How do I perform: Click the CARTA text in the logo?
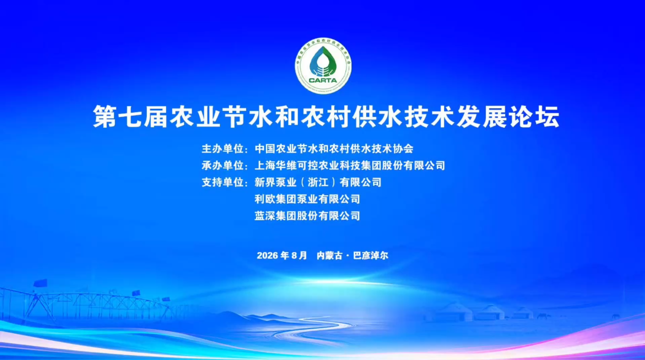(323, 80)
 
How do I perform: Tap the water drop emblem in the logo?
(323, 62)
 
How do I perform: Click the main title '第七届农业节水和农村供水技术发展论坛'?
(326, 116)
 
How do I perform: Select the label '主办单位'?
(222, 149)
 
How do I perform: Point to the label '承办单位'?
(222, 165)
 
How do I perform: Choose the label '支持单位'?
(222, 183)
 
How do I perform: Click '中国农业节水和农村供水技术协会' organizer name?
(334, 149)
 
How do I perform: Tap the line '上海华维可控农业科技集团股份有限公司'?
(350, 165)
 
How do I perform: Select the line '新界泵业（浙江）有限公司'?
(318, 183)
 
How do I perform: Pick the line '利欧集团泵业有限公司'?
(307, 199)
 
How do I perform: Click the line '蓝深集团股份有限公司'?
(307, 216)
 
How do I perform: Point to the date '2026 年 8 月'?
(282, 256)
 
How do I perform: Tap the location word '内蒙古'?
(329, 256)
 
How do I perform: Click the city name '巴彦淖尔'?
(371, 256)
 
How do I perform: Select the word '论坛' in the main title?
(535, 116)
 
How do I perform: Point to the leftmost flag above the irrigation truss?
(41, 283)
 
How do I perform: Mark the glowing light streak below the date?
(331, 281)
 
